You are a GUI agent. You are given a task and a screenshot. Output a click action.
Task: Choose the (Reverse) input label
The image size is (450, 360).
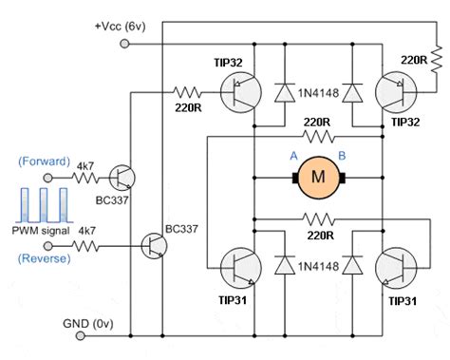tap(43, 258)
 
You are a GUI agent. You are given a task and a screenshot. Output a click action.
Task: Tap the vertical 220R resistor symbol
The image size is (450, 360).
tap(435, 62)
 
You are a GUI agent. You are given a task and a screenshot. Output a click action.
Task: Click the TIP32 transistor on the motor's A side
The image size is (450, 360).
tap(237, 92)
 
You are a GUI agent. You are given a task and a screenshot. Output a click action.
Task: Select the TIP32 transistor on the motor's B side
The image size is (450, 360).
tap(393, 92)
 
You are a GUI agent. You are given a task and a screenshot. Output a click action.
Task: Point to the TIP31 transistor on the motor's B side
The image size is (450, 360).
tap(393, 268)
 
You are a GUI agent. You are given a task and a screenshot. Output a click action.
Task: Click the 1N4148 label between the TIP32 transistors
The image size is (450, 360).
tap(319, 93)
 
